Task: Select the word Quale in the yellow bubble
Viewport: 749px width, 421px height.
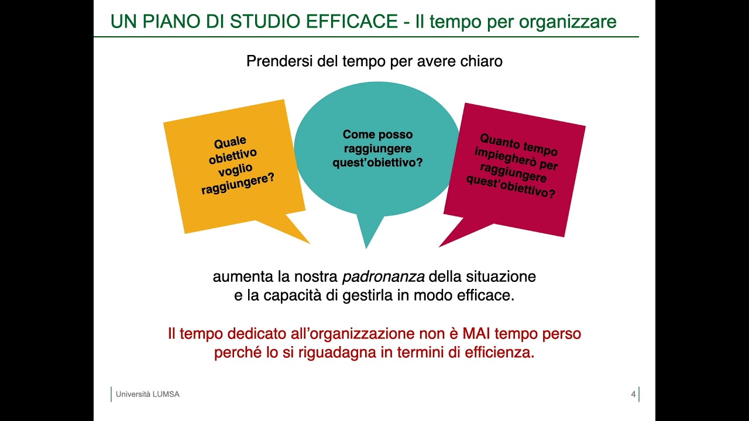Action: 230,142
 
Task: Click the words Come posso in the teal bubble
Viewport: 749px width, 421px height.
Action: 377,134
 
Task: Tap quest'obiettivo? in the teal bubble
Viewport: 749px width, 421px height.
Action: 377,163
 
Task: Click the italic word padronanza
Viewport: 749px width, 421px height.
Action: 383,276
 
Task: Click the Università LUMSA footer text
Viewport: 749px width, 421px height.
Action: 147,394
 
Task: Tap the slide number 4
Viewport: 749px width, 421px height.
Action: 633,394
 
